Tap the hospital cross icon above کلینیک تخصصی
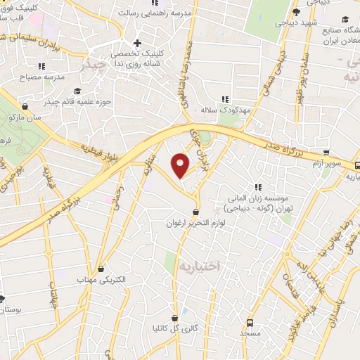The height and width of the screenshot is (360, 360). [137, 42]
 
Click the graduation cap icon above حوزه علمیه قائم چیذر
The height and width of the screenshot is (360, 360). [77, 91]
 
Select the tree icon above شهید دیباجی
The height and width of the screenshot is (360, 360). [296, 12]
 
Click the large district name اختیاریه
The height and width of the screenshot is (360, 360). [199, 266]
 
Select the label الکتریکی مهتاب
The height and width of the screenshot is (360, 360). [103, 279]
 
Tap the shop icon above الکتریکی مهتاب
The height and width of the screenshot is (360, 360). [103, 268]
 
